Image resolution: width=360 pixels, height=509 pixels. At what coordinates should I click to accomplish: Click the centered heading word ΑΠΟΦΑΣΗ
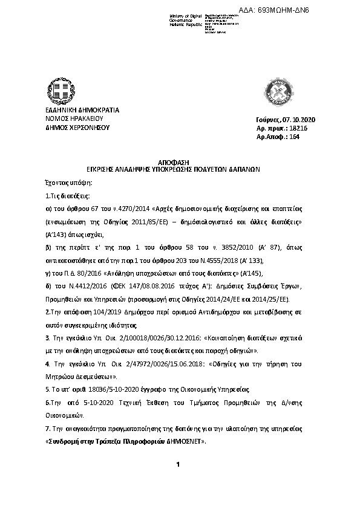click(x=174, y=163)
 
